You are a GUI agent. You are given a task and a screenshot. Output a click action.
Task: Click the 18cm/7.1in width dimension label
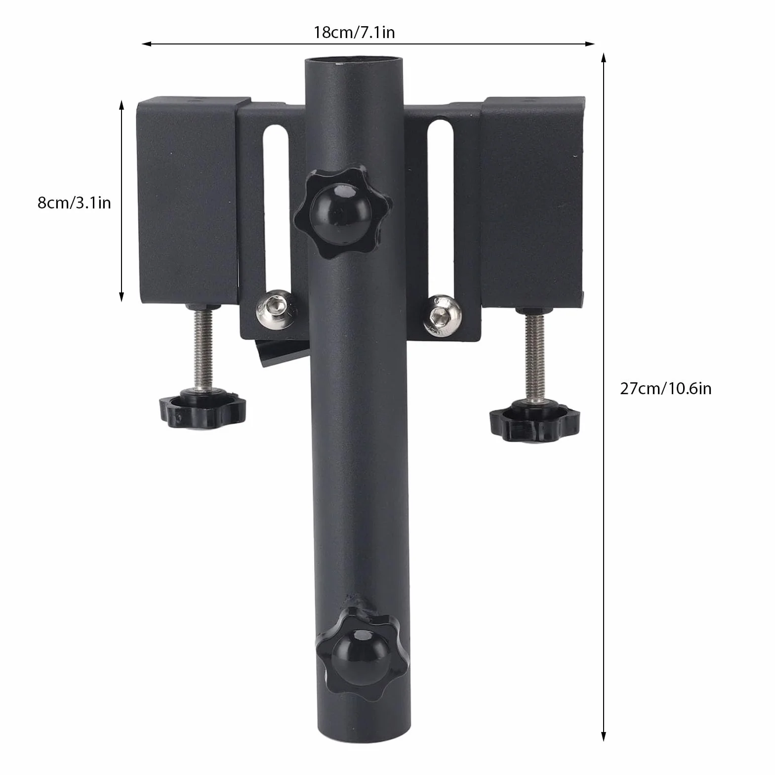tap(354, 33)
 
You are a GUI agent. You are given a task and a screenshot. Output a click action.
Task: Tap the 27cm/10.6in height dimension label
tap(665, 388)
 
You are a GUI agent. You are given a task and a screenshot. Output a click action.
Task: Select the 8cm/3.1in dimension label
tap(74, 203)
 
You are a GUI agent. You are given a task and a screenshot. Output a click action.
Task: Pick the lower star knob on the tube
tap(363, 650)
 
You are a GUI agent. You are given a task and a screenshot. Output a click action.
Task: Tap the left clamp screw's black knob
tap(203, 405)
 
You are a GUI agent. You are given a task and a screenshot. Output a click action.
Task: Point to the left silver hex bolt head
tap(273, 310)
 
